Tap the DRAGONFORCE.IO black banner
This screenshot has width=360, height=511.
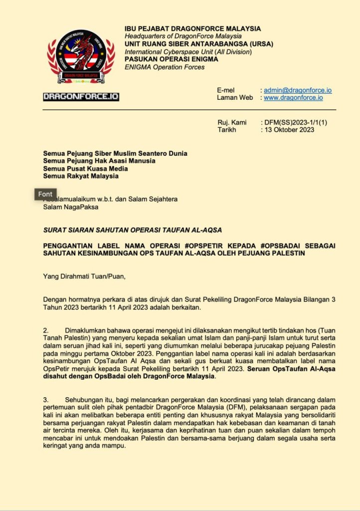(x=81, y=96)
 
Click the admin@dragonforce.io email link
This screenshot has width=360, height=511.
(x=298, y=90)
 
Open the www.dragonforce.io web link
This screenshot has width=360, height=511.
(x=293, y=98)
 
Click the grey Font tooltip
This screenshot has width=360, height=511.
(x=45, y=194)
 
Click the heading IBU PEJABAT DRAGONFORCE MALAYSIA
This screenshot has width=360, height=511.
(x=192, y=29)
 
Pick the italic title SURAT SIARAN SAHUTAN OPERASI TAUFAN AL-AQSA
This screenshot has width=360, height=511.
(x=133, y=230)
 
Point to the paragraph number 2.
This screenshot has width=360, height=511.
(x=45, y=331)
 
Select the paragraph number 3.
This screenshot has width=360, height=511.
(x=45, y=400)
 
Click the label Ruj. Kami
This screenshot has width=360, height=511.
(x=232, y=122)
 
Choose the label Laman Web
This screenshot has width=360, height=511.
(x=235, y=98)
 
